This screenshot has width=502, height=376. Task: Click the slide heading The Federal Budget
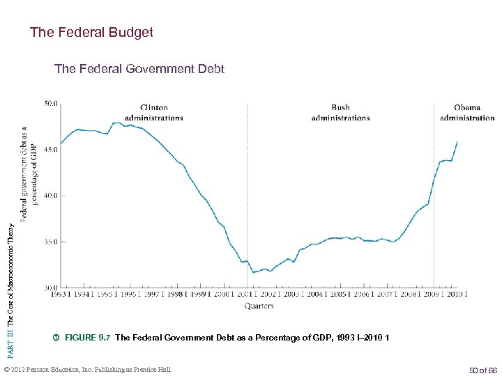[x=91, y=32]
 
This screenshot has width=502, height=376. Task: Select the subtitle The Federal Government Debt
[x=139, y=69]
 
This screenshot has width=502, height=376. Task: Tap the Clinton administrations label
[x=153, y=113]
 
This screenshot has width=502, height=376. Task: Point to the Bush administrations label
[x=340, y=113]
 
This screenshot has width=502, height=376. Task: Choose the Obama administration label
[x=467, y=113]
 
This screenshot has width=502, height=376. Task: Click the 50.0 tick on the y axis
[x=52, y=104]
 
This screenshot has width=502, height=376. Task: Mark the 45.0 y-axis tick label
[x=52, y=149]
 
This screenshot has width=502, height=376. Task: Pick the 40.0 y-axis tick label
[x=52, y=196]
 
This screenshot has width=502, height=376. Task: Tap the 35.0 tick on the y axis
[x=52, y=242]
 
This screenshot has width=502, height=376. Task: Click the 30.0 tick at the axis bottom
[x=52, y=287]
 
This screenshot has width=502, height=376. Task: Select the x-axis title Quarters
[x=259, y=306]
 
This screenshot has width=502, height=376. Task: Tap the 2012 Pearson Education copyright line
[x=87, y=369]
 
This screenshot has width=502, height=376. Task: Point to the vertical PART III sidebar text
[x=10, y=279]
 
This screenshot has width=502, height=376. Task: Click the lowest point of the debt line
[x=253, y=272]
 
